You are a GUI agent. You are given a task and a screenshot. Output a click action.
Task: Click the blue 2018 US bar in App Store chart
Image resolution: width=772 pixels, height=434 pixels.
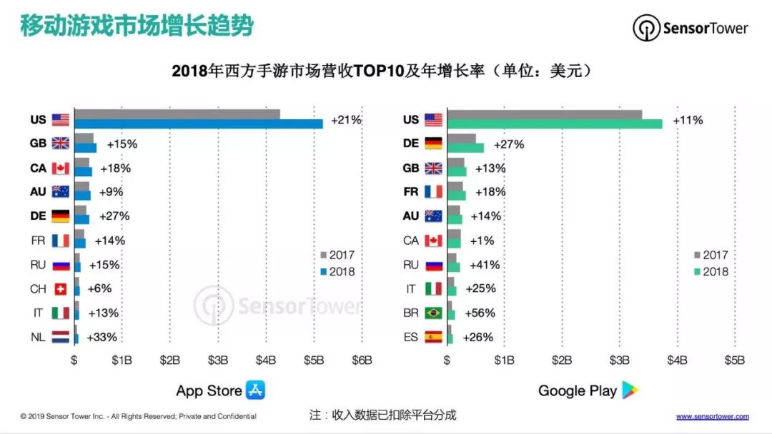(x=199, y=124)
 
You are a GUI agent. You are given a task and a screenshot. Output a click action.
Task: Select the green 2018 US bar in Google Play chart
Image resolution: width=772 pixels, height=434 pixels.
(x=554, y=124)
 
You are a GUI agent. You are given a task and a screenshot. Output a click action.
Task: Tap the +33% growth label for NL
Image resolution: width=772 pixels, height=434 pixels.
(x=102, y=337)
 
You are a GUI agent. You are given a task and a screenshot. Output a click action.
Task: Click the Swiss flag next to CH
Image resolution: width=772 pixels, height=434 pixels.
(x=61, y=289)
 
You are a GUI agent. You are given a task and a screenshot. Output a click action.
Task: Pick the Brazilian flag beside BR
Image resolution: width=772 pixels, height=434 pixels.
(x=433, y=313)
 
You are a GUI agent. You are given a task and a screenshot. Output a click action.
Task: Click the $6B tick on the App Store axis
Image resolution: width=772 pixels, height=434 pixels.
(x=362, y=360)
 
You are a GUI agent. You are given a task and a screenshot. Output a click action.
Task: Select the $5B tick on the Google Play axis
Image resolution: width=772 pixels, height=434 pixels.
(x=735, y=360)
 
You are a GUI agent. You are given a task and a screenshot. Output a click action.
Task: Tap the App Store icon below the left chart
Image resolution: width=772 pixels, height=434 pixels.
(x=255, y=390)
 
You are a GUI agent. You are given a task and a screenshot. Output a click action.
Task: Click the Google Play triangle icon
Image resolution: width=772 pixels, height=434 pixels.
(x=629, y=390)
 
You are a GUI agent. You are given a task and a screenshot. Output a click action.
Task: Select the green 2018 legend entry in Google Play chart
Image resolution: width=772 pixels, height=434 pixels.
(x=711, y=272)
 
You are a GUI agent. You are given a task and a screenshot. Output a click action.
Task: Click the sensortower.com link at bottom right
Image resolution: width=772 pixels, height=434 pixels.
(x=713, y=416)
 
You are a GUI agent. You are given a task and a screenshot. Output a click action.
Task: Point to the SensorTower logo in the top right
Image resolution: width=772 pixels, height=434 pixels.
(x=691, y=29)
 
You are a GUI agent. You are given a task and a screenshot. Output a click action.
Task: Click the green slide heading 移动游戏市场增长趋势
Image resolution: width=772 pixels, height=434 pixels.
(x=136, y=27)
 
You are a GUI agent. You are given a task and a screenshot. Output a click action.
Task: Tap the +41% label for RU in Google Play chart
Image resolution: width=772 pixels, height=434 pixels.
(x=485, y=265)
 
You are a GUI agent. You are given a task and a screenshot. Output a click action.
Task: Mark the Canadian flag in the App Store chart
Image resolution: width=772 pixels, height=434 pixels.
(x=61, y=168)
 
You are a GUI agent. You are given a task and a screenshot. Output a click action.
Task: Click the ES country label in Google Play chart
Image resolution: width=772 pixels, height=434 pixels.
(x=410, y=337)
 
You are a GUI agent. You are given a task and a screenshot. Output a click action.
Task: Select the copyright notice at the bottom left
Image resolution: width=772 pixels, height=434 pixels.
(x=138, y=416)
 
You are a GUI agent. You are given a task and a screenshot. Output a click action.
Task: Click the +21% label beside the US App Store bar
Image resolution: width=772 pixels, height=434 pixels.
(x=346, y=120)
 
